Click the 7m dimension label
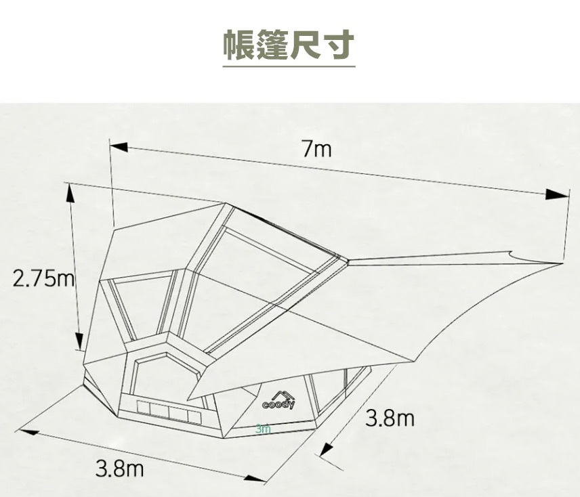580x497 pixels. click(317, 149)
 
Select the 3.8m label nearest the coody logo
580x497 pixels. click(390, 418)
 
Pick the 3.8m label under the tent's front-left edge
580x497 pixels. click(119, 467)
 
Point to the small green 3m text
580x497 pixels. click(264, 429)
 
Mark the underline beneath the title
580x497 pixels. click(289, 66)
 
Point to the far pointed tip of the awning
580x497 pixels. click(562, 262)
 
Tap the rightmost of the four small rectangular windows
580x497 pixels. click(195, 414)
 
